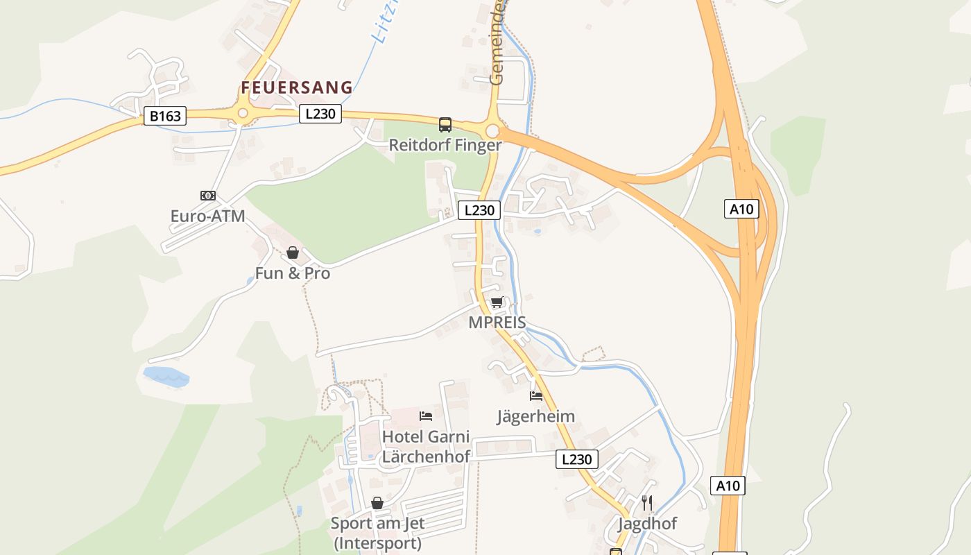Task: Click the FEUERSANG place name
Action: (297, 87)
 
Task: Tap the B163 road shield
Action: (165, 116)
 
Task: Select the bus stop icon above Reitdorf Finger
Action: (445, 125)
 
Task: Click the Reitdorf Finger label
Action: (445, 145)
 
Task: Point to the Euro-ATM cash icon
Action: (208, 196)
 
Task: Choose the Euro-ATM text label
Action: (208, 216)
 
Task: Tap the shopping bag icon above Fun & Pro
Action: (293, 253)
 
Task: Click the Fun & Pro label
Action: (293, 273)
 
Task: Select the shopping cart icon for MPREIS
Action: (497, 302)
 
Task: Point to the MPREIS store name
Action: (497, 323)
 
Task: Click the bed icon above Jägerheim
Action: (536, 396)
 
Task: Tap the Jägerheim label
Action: (536, 416)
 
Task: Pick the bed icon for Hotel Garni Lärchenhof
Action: (426, 416)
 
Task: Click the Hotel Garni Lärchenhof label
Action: (426, 447)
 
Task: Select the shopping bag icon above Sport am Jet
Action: (377, 503)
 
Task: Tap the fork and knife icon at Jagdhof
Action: (647, 503)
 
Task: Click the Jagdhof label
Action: (647, 524)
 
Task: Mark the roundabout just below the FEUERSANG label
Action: (243, 114)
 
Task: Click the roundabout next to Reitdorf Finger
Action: (492, 130)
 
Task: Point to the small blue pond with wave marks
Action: (166, 377)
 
